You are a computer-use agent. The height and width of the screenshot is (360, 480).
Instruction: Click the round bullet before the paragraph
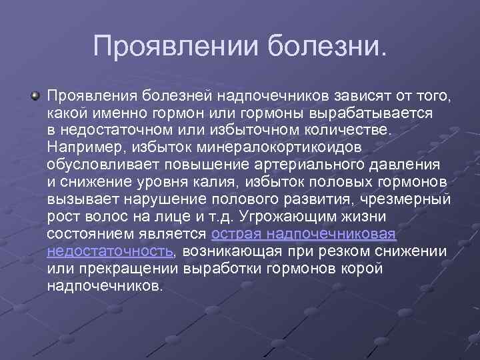coord(35,97)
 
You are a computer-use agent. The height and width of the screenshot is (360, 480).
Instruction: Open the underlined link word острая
coord(235,234)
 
